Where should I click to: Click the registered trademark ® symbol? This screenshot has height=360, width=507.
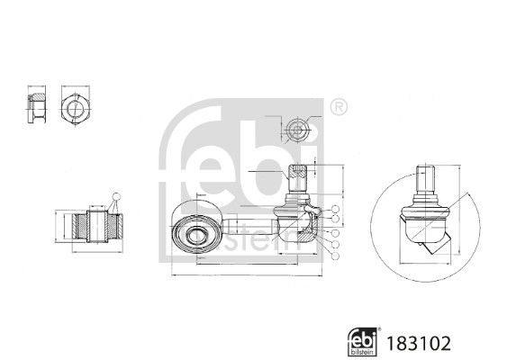point(338,108)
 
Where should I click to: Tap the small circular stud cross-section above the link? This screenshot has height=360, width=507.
point(296,130)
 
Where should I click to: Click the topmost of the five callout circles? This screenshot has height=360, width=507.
point(335,211)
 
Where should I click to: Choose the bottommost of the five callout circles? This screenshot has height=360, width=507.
point(335,256)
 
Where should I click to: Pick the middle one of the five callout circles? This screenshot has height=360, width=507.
point(335,232)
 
